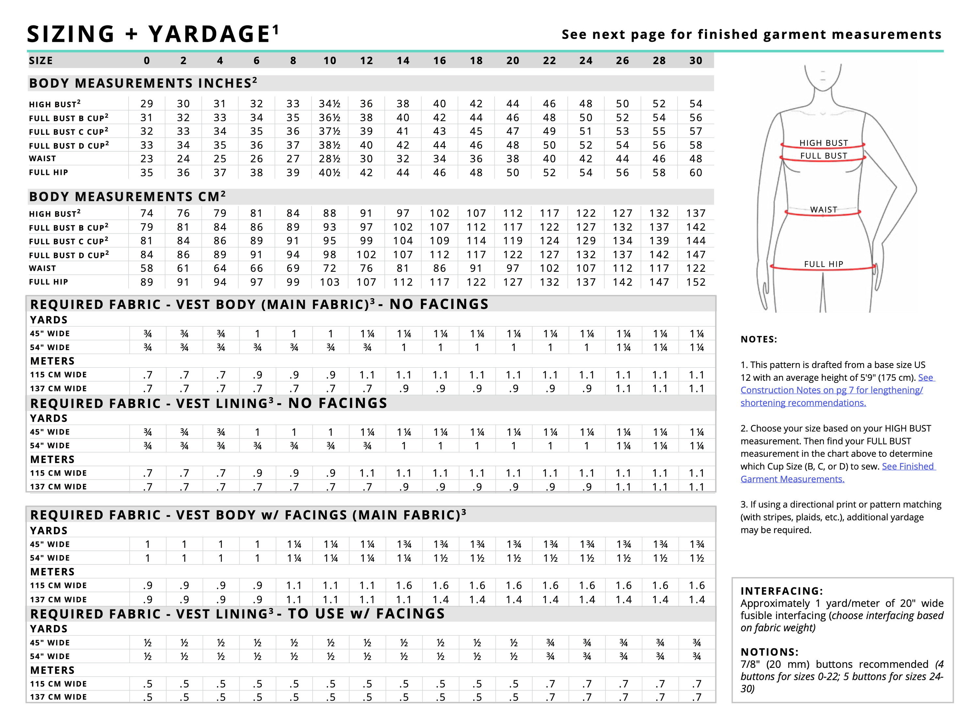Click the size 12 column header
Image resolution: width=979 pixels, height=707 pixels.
[366, 60]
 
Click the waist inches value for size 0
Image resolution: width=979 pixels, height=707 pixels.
[147, 159]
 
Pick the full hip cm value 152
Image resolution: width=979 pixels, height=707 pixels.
[695, 282]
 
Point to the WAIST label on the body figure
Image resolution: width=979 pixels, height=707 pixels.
[823, 210]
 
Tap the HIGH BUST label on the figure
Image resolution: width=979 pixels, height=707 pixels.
[823, 143]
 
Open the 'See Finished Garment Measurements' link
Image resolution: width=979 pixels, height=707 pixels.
[837, 473]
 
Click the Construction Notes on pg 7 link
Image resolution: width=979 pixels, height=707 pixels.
[831, 390]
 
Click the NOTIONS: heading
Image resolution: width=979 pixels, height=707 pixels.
[769, 652]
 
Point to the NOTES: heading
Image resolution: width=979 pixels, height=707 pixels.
[758, 339]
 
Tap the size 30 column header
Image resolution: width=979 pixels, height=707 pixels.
[695, 60]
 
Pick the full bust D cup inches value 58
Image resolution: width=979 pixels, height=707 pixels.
[695, 145]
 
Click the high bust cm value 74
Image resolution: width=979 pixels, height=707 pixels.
[147, 213]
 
